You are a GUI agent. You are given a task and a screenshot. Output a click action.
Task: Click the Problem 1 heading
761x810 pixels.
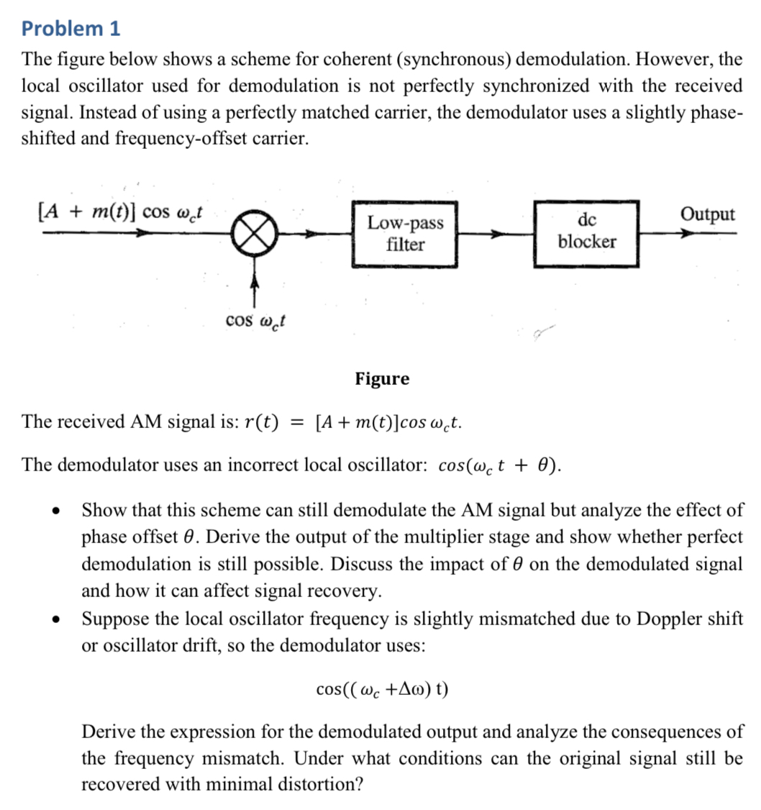coord(70,29)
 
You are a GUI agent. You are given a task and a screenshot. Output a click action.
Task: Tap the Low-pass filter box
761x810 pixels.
coord(405,234)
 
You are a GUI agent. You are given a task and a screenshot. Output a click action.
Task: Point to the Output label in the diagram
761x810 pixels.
coord(708,214)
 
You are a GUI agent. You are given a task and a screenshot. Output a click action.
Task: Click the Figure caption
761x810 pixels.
coord(382,378)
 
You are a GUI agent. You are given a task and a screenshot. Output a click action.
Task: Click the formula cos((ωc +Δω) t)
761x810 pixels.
coord(382,688)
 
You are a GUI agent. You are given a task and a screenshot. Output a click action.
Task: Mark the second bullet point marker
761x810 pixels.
coord(55,619)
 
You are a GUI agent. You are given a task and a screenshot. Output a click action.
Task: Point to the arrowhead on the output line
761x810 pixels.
coord(689,233)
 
